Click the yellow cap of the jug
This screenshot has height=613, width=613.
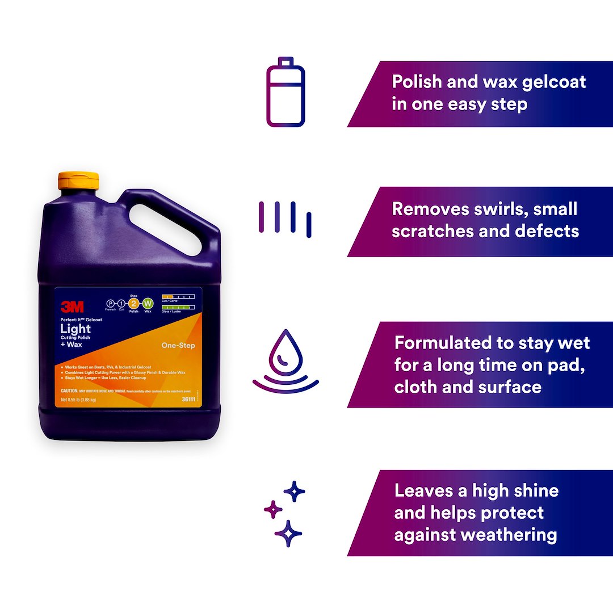pos(79,180)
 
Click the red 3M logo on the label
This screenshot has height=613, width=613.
pos(72,307)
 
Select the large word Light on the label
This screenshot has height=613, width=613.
pos(75,329)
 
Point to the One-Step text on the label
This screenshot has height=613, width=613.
pos(178,345)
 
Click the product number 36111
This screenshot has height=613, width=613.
pos(189,400)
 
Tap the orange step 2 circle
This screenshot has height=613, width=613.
pos(134,304)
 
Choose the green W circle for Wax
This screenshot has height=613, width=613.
pos(148,304)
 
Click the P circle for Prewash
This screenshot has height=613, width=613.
pos(111,305)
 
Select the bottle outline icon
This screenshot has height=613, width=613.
pos(285,92)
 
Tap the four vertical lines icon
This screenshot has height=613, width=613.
pos(285,219)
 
